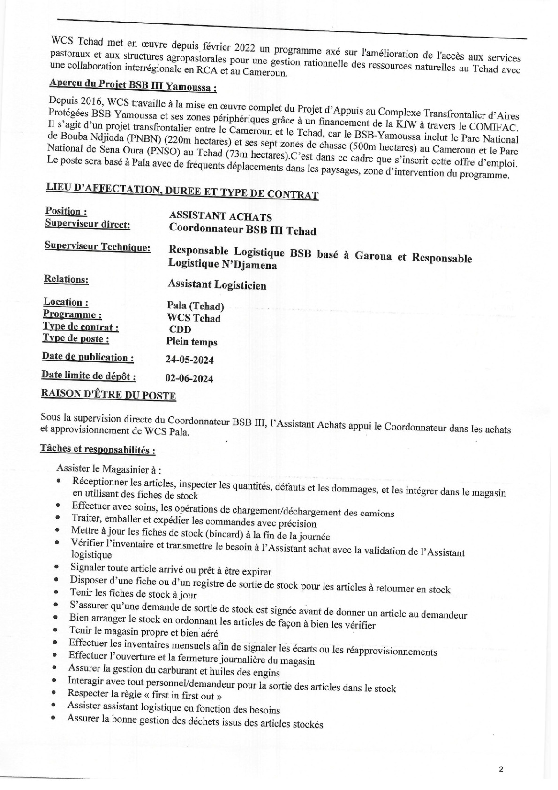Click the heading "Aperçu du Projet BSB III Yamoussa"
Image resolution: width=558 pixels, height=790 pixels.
(133, 86)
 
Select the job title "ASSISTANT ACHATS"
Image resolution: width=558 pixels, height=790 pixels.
(220, 216)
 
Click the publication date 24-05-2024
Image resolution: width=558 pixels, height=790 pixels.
(189, 360)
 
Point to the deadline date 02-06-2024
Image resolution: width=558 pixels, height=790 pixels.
(189, 378)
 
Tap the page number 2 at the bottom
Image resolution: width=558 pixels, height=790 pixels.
(501, 769)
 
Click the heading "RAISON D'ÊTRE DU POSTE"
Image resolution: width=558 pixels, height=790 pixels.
(109, 395)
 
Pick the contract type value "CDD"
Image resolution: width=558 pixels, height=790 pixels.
(180, 330)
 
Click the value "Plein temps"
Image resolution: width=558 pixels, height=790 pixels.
(191, 342)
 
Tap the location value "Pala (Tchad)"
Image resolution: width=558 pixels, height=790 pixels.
(196, 307)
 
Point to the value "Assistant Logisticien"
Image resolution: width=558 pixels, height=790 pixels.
(217, 285)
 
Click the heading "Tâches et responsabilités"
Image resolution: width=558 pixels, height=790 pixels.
(98, 449)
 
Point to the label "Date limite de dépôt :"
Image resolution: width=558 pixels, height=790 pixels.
(89, 376)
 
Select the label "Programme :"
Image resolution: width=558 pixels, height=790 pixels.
(72, 314)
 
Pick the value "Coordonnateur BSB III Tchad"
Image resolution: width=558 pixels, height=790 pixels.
(242, 230)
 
